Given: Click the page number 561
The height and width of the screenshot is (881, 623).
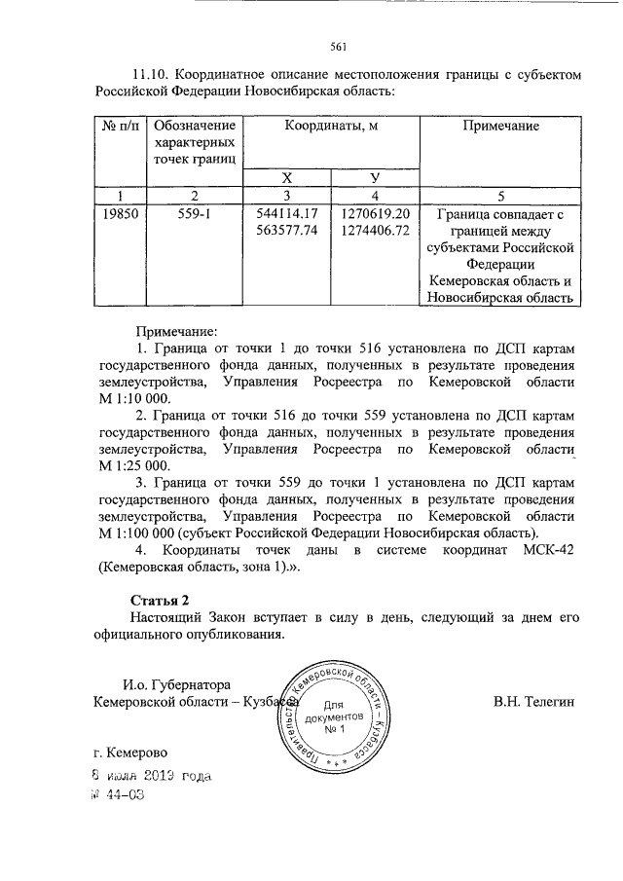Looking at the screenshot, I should click(339, 46).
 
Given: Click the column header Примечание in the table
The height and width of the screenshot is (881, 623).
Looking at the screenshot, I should click(500, 127).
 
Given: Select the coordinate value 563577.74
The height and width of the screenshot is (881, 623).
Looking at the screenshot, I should click(286, 231).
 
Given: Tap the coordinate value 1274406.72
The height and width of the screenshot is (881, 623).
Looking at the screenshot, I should click(376, 231).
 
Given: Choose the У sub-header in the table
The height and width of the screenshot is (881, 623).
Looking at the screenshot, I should click(375, 177).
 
